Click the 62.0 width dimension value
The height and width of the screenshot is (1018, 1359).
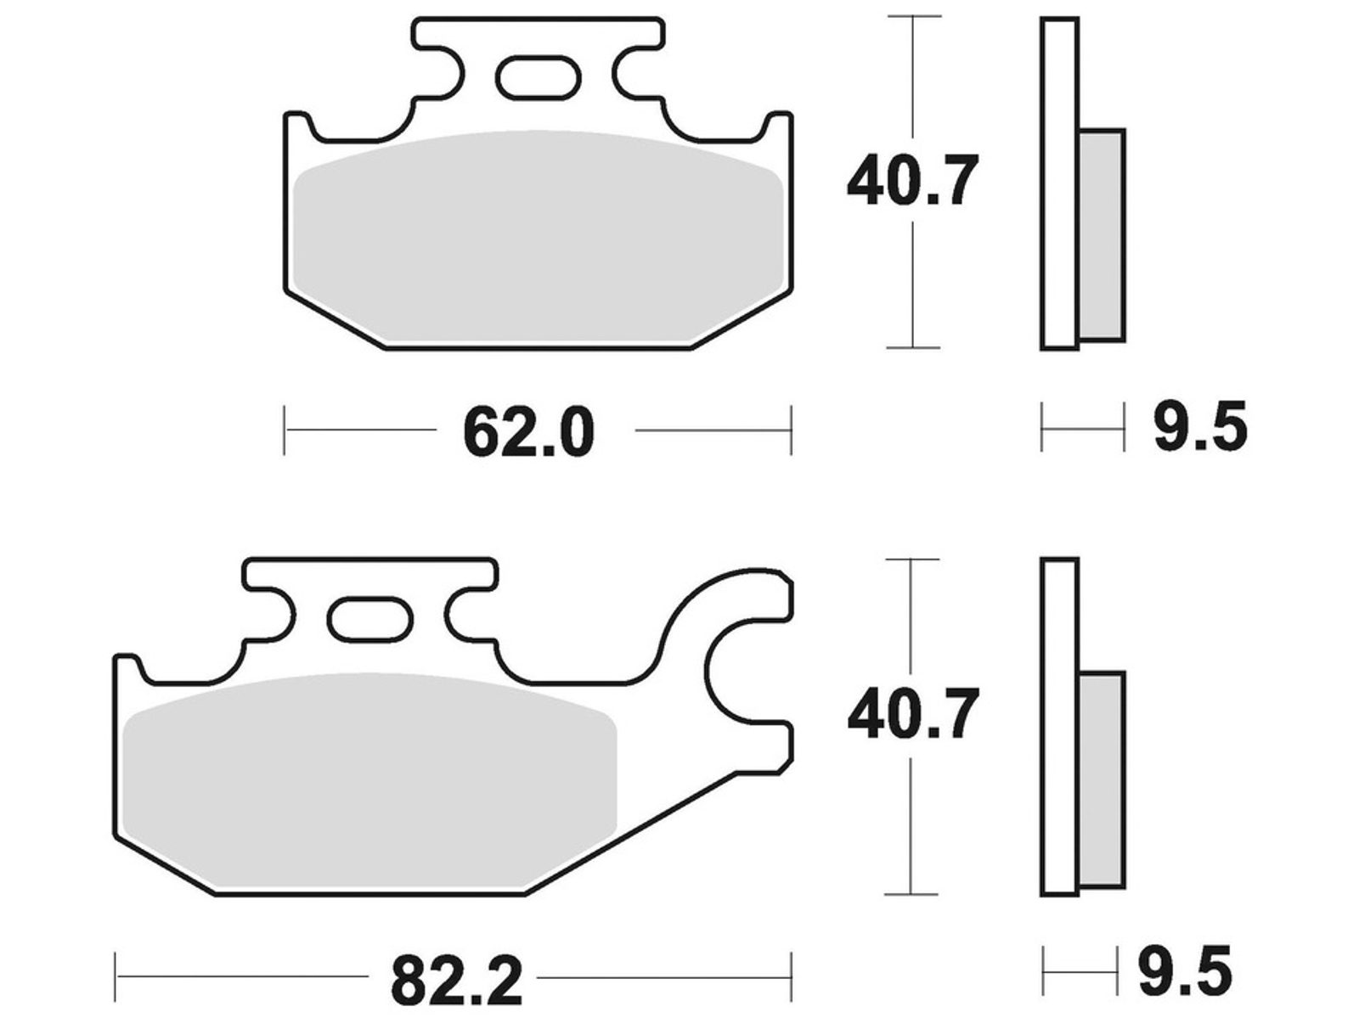point(528,432)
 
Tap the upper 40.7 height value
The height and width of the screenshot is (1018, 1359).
point(912,180)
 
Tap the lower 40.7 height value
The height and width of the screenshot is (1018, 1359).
point(912,714)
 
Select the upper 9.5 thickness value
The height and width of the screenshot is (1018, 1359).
point(1200,427)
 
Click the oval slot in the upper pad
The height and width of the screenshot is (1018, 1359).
point(538,77)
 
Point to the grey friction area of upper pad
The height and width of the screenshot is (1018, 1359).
point(538,239)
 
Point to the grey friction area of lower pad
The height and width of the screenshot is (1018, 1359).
point(369,783)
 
